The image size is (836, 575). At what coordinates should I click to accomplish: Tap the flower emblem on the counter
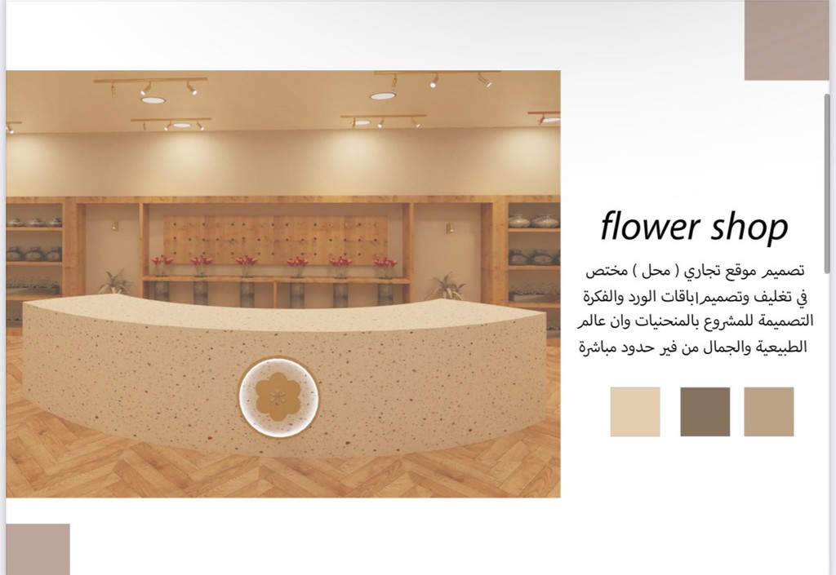point(278,397)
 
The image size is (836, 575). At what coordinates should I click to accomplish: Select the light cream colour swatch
point(635,412)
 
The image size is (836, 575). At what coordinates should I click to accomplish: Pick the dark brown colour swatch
point(705,412)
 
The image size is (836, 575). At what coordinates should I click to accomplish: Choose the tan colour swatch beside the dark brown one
point(769,412)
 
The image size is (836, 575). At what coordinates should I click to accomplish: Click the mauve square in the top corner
point(786,40)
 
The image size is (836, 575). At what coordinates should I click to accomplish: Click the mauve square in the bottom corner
point(38,549)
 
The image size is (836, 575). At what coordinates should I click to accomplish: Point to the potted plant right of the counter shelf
point(447,286)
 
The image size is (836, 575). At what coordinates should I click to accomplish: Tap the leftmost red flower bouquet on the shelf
point(162,265)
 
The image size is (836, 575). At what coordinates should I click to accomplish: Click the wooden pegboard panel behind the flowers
point(275,240)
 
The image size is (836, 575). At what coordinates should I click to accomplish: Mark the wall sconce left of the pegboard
point(115,226)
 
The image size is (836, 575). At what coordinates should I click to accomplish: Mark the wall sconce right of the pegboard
point(450,228)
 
